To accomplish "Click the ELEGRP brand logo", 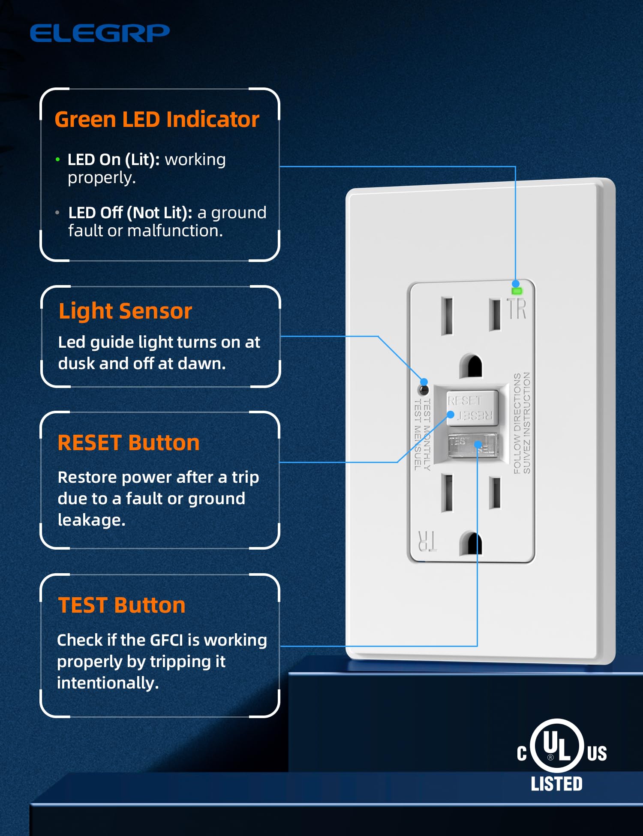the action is (x=99, y=33).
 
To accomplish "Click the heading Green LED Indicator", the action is (x=157, y=119).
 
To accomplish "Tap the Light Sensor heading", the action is (x=125, y=311).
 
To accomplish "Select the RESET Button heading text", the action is (x=129, y=442).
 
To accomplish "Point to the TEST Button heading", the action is (x=122, y=605).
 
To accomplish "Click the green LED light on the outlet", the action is (x=517, y=291).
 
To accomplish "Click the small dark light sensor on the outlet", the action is (x=424, y=390).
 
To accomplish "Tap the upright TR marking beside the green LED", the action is (x=517, y=309).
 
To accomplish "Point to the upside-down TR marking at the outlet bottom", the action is (x=427, y=541).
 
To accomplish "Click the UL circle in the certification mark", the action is (x=557, y=746).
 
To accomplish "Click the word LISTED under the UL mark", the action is (x=556, y=784).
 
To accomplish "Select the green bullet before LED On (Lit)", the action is (x=58, y=160).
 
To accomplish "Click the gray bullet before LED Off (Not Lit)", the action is (x=57, y=213).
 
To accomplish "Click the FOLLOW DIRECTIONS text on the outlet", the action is (x=517, y=423).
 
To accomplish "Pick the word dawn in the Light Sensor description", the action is (x=201, y=364).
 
